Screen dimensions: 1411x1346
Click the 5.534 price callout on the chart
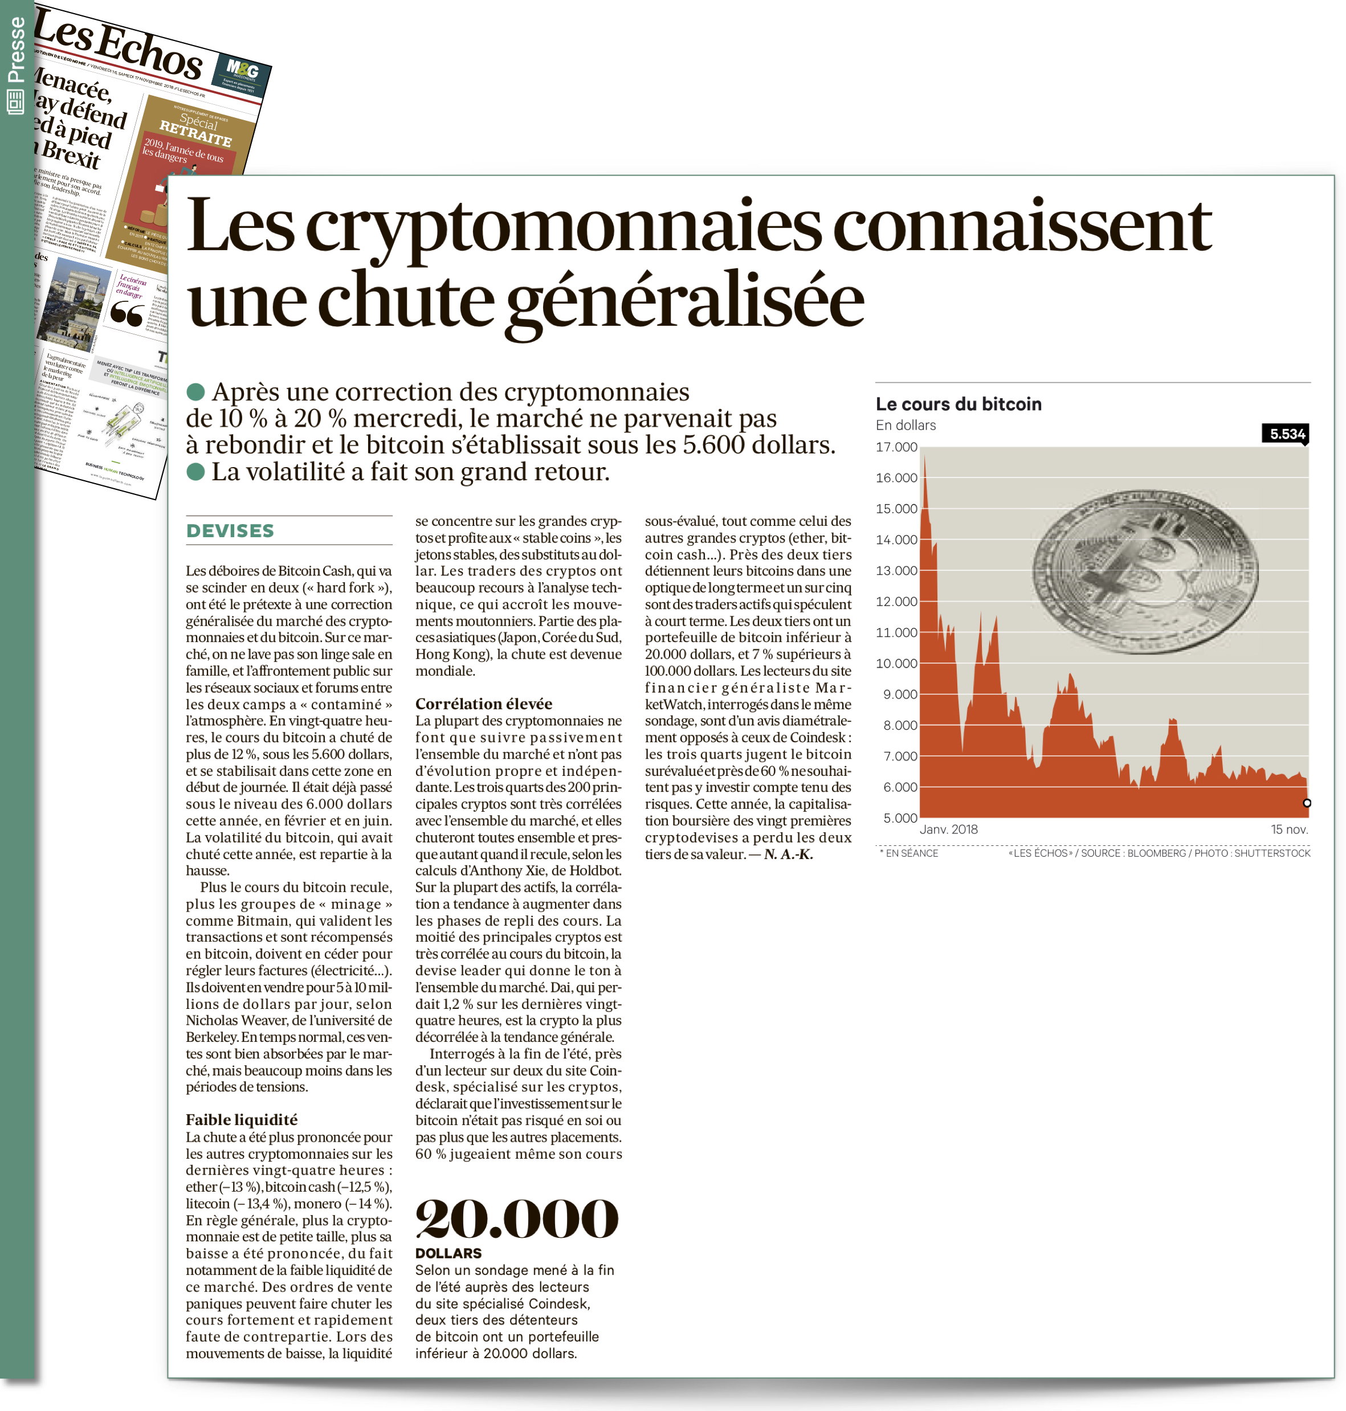click(1286, 434)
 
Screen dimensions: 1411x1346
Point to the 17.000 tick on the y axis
click(896, 447)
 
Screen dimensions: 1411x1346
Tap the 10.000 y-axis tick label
click(896, 664)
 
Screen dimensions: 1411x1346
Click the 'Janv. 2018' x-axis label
click(948, 829)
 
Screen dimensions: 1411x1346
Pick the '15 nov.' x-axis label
click(1290, 829)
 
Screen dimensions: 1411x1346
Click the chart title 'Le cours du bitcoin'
click(958, 404)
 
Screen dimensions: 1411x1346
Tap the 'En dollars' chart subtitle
click(906, 426)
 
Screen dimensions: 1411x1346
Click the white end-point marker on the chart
click(1307, 803)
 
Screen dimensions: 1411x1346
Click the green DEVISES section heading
click(230, 531)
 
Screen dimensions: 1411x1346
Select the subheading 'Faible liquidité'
click(241, 1120)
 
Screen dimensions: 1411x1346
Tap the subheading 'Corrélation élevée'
click(484, 704)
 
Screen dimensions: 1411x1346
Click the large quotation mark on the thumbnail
click(127, 314)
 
